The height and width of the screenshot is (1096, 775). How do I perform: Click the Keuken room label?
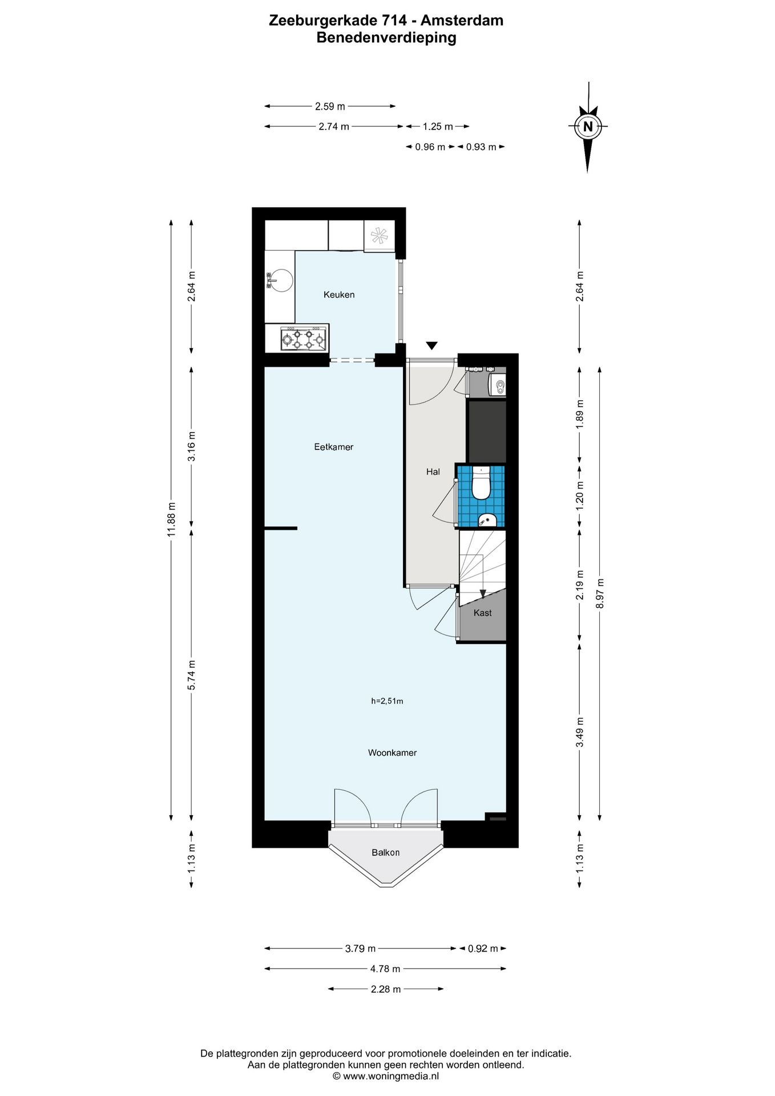[339, 295]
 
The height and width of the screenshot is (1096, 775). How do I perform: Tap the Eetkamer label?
[334, 447]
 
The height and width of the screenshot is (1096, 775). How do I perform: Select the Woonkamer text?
[392, 753]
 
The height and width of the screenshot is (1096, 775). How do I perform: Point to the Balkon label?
[386, 852]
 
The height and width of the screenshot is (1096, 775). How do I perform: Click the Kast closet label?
[483, 613]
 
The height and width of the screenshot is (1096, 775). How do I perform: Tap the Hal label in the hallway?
[433, 472]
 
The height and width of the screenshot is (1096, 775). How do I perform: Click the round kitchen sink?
[280, 280]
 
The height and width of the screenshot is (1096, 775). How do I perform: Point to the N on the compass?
[588, 126]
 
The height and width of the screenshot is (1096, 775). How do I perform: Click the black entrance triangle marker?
[432, 345]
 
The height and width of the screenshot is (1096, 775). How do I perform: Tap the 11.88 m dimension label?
[171, 519]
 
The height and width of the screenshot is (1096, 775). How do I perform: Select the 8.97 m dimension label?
[600, 593]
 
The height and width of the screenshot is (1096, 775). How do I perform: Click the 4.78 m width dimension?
[385, 969]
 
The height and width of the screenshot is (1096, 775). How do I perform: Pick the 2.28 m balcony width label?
[386, 989]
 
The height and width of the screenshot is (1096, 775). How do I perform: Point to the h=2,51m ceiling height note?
[387, 701]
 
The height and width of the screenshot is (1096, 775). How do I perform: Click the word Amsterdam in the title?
[462, 21]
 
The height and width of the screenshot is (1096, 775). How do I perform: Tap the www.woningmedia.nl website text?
[391, 1076]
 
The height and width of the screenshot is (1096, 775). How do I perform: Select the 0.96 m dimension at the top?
[430, 147]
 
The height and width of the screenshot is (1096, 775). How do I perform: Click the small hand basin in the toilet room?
[487, 519]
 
